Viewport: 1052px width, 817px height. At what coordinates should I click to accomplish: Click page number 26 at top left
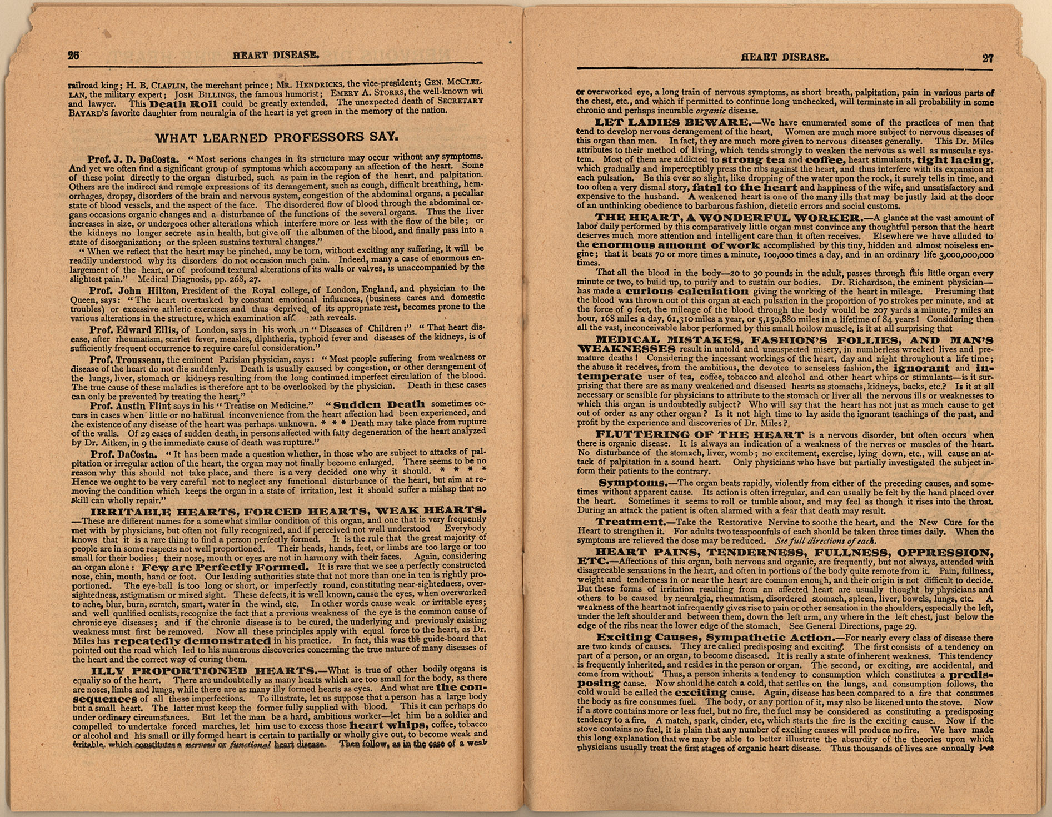point(74,55)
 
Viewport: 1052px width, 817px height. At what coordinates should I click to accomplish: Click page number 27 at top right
point(988,58)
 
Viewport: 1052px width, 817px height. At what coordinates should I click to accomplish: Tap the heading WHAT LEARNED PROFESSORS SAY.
point(276,137)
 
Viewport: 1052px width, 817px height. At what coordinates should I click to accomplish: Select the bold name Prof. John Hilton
point(133,290)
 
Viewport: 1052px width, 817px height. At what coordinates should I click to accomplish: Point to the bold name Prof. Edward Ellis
point(133,330)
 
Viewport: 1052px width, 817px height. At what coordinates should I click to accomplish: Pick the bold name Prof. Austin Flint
point(131,406)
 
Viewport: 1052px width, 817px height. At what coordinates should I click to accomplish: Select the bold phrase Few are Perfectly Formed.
point(225,567)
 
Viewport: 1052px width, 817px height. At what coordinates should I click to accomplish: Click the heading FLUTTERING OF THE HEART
point(700,434)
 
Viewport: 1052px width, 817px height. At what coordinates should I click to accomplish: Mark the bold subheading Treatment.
point(631,522)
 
